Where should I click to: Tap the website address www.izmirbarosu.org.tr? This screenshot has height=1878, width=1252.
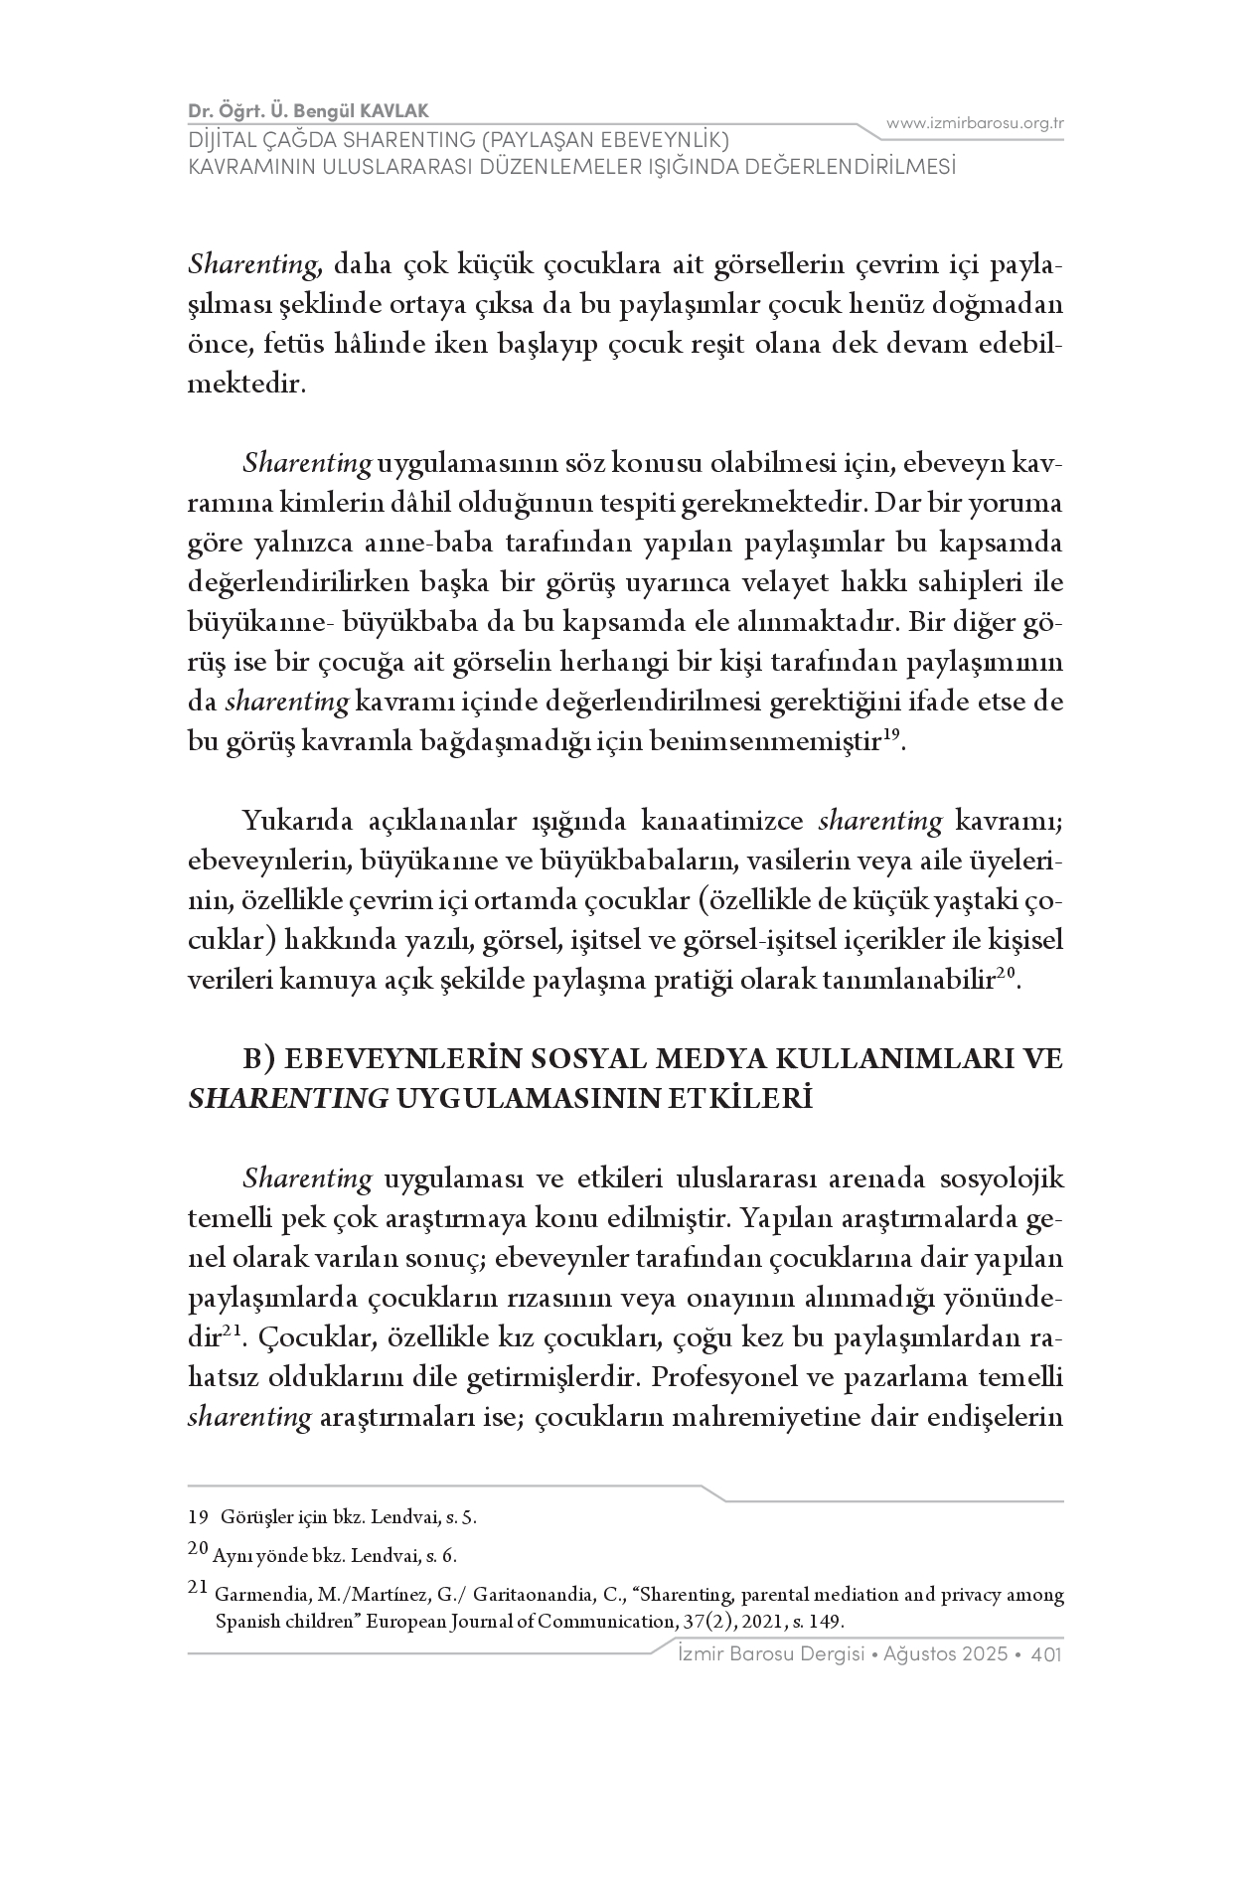tap(975, 123)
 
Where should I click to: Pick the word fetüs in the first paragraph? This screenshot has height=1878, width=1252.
tap(288, 344)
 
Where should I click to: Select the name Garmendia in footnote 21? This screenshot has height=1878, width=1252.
tap(259, 1596)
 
